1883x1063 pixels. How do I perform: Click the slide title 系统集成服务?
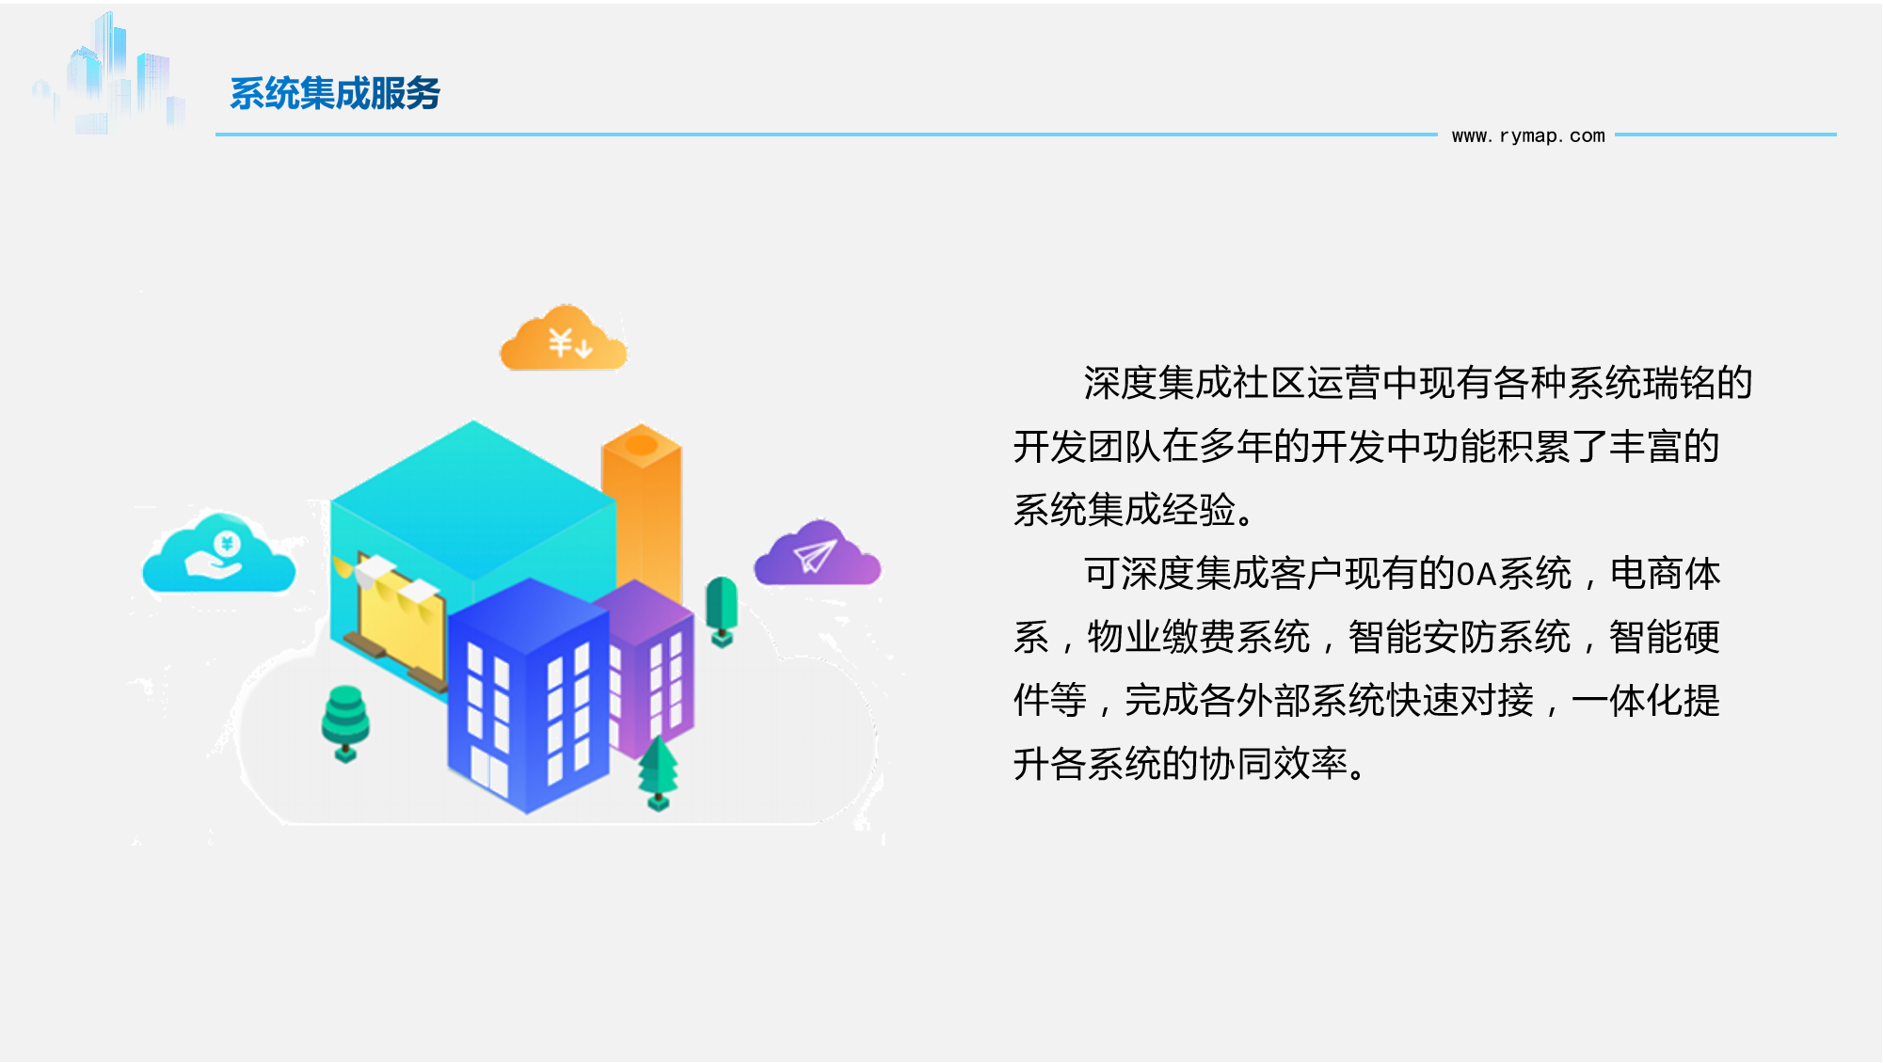(335, 93)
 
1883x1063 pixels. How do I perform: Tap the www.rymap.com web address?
(1528, 135)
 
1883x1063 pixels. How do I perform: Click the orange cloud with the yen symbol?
(563, 338)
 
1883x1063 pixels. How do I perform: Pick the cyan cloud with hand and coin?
(219, 554)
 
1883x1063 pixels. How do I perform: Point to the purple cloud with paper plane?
(817, 554)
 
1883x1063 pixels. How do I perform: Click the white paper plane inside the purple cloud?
(815, 556)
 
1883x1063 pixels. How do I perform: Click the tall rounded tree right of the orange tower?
(722, 611)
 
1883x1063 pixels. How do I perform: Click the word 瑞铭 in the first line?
(1679, 383)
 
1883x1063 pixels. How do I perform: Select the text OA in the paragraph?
(1476, 574)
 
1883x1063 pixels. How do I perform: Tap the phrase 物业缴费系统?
(1199, 637)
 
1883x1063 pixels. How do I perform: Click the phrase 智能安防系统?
(1460, 637)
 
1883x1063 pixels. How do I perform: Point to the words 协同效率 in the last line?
(1273, 764)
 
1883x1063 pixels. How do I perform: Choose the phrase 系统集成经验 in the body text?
(1125, 510)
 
